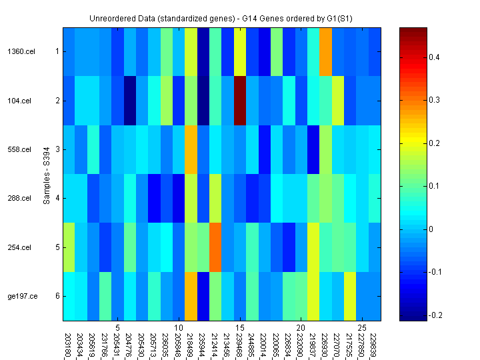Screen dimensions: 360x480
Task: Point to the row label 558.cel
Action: click(x=19, y=149)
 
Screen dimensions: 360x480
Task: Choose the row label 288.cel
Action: click(x=19, y=198)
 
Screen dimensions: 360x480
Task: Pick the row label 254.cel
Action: click(x=19, y=247)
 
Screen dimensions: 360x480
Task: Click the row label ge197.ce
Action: click(x=19, y=296)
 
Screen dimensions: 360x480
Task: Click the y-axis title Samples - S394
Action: click(x=47, y=174)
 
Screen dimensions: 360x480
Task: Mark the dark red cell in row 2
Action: click(x=240, y=101)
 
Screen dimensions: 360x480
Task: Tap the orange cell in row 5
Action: click(x=215, y=247)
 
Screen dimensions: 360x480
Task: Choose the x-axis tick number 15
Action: click(x=240, y=328)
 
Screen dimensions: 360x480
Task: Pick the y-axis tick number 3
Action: click(x=57, y=149)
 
